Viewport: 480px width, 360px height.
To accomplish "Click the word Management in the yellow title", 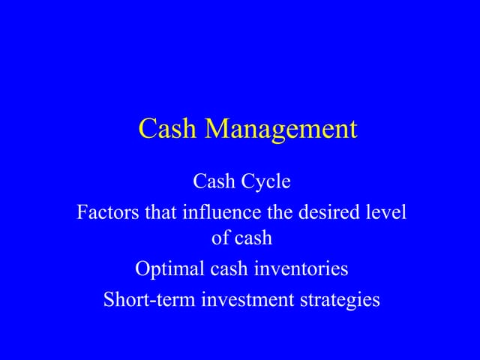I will click(281, 130).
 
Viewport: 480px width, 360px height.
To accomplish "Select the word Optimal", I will click(164, 268).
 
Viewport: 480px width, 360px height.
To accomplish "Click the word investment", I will click(246, 299).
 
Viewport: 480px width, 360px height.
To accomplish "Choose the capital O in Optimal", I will click(142, 268).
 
